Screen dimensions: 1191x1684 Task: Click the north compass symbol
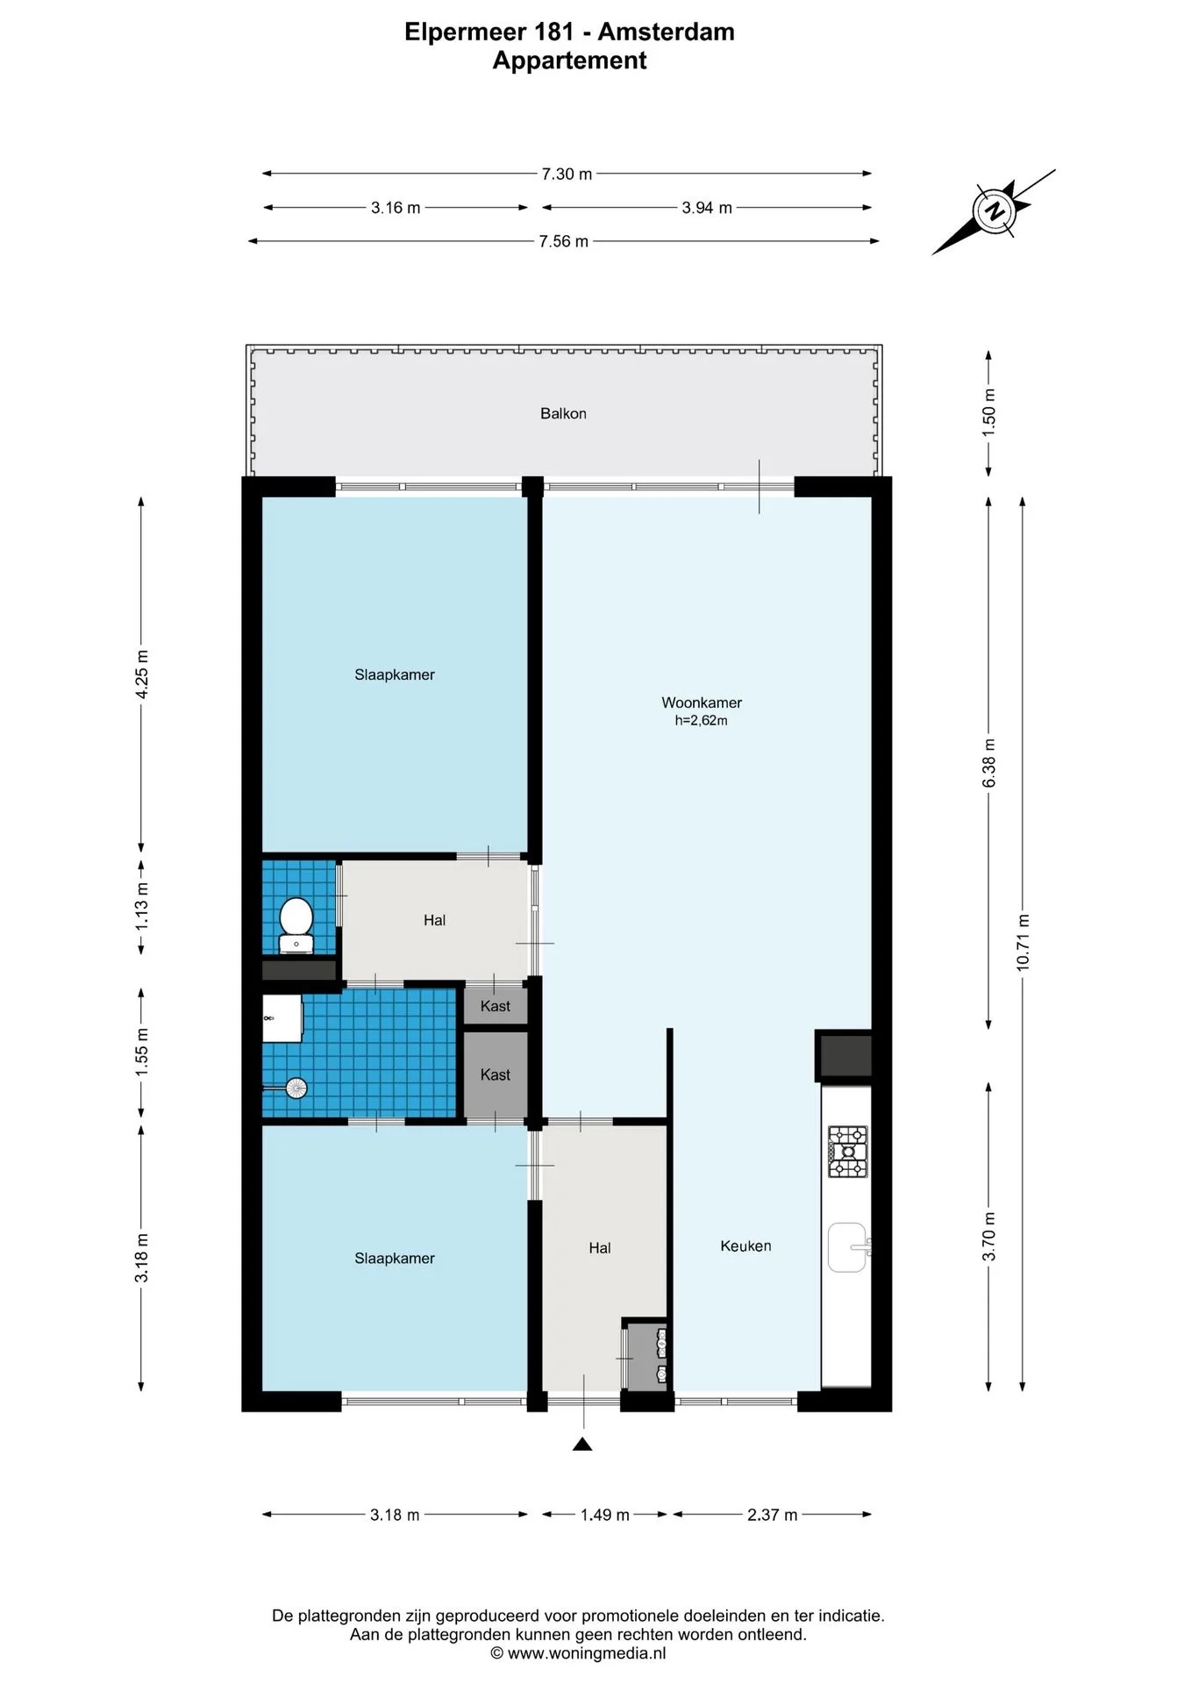995,211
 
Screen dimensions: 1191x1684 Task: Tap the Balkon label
563,413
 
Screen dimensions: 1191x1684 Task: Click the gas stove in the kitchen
847,1151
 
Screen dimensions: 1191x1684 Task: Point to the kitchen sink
848,1247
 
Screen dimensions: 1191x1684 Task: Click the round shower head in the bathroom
296,1088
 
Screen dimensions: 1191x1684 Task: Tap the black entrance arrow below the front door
582,1444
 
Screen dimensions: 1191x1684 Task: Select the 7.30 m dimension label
567,174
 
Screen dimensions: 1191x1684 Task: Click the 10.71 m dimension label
1023,942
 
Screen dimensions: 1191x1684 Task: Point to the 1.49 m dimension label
605,1515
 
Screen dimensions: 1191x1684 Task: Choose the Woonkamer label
702,703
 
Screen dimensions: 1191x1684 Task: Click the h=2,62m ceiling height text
701,721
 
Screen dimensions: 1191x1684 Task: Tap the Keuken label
745,1245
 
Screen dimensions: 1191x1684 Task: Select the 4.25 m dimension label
141,674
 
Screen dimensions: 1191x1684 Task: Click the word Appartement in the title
570,61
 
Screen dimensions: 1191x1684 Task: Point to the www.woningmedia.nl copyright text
578,1653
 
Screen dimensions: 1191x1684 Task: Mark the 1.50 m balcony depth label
988,412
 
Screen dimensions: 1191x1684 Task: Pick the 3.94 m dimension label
707,208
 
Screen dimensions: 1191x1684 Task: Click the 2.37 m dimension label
773,1515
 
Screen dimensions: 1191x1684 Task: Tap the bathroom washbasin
282,1017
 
